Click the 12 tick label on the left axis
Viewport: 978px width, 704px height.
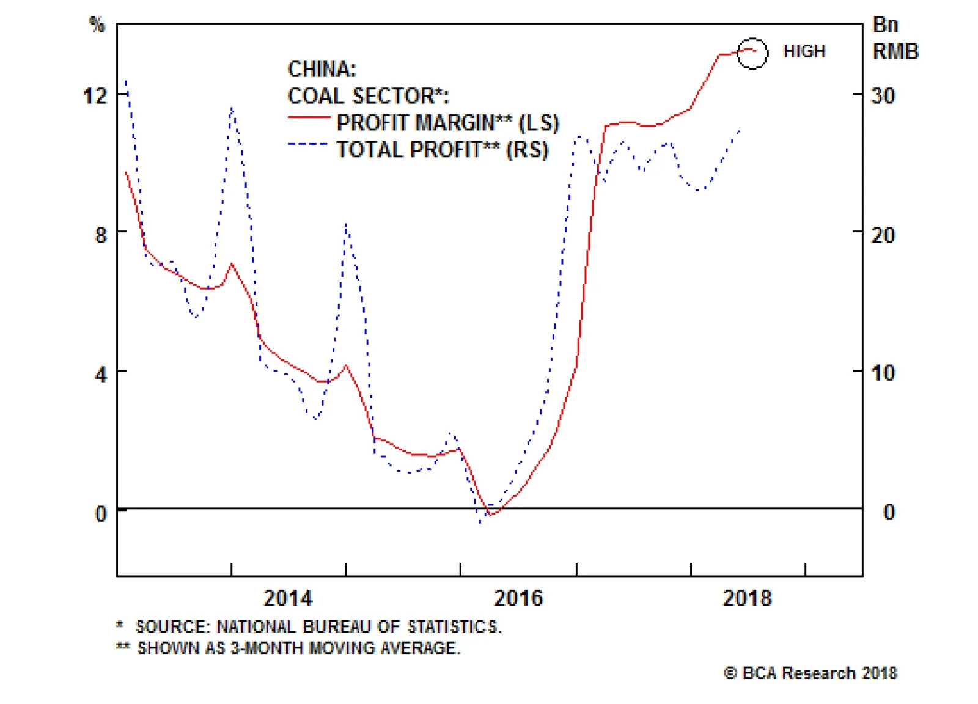(x=95, y=96)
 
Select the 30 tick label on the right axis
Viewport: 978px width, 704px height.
(x=883, y=96)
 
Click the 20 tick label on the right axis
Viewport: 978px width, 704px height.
(x=883, y=235)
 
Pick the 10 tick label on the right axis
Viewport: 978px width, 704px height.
(x=883, y=373)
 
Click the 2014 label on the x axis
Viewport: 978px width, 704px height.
(x=287, y=598)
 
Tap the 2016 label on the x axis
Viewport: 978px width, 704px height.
(x=518, y=598)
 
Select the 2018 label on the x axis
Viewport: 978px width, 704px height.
(x=747, y=598)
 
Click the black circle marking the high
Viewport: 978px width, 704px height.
(x=752, y=53)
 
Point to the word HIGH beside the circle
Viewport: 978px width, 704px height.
(x=804, y=51)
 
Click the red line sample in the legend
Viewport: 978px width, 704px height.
(x=309, y=117)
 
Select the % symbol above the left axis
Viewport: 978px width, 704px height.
(x=97, y=24)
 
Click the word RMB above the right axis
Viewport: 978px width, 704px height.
(x=895, y=51)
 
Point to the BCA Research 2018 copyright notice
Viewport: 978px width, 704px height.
(x=811, y=673)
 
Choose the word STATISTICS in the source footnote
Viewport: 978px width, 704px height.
(x=454, y=626)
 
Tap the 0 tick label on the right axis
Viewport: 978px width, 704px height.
(x=889, y=512)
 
